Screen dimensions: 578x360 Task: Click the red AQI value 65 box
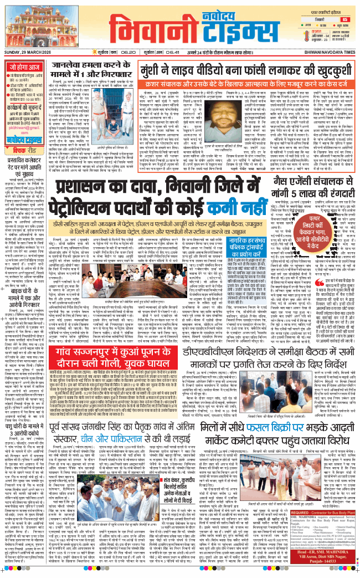coord(344,19)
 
